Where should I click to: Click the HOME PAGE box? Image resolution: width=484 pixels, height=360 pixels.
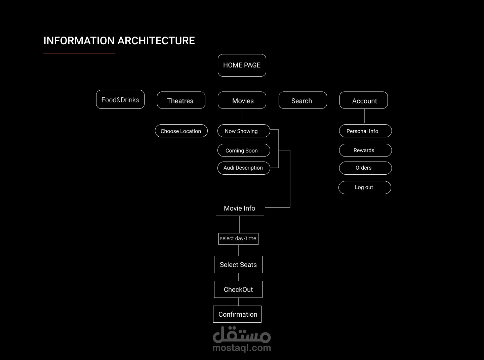pos(242,65)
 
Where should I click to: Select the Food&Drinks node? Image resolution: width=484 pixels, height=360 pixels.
pos(120,99)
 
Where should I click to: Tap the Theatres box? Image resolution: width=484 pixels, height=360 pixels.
pos(181,100)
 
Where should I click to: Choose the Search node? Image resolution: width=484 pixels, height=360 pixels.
pos(302,100)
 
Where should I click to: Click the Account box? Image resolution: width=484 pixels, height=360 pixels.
pos(364,100)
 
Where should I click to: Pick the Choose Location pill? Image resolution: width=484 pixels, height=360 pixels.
pos(181,131)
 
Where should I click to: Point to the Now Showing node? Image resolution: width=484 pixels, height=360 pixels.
pos(244,131)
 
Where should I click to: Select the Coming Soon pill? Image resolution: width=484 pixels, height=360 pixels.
pos(244,150)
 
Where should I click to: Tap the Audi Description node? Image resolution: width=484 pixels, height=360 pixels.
pos(244,168)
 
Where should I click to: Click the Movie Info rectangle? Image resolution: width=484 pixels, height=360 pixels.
pos(240,207)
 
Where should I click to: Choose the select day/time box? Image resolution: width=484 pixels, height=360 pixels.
pos(238,239)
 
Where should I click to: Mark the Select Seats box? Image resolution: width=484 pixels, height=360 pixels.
pos(238,265)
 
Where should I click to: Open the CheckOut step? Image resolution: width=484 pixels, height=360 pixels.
pos(238,289)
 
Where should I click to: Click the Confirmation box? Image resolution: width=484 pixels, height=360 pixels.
pos(237,314)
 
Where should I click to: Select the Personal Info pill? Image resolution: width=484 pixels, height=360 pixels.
pos(365,131)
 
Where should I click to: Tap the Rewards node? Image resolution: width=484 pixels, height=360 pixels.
pos(365,150)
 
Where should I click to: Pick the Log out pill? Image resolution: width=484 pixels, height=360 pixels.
pos(365,187)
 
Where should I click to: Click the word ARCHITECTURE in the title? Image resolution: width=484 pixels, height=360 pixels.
pos(156,41)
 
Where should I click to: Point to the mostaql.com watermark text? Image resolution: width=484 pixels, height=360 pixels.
pos(242,348)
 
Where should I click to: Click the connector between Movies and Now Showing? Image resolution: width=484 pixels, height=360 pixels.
pos(242,117)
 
